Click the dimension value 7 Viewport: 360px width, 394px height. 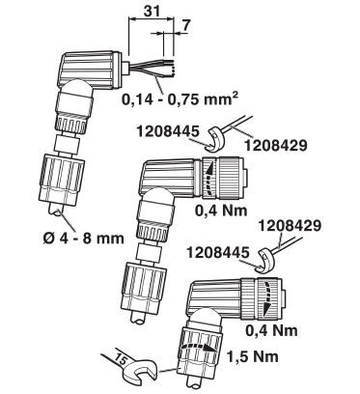click(x=185, y=27)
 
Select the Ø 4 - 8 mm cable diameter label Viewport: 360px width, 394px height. click(x=84, y=239)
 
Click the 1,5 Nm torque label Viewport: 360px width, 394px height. click(x=253, y=356)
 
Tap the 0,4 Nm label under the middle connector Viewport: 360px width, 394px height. click(x=221, y=211)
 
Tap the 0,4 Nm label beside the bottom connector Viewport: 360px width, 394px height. click(x=271, y=330)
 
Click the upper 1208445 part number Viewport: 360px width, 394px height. click(x=167, y=131)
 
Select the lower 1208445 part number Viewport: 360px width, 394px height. click(x=218, y=252)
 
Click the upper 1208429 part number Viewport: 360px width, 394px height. click(x=276, y=146)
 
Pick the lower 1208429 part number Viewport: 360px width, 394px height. click(x=291, y=225)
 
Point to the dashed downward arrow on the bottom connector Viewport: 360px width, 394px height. click(x=266, y=298)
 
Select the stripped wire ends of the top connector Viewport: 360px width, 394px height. click(x=170, y=68)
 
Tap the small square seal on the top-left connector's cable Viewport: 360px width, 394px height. click(x=68, y=144)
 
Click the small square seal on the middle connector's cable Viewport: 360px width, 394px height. click(x=149, y=252)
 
